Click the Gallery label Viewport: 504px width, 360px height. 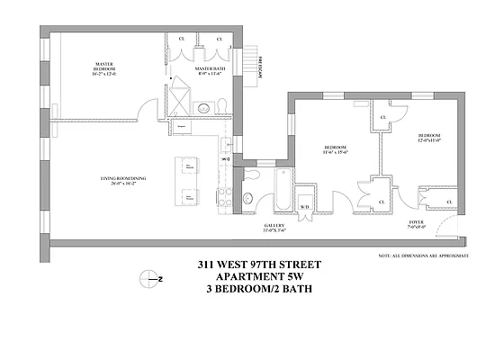click(x=274, y=228)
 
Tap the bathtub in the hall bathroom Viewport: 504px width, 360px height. click(x=280, y=192)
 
